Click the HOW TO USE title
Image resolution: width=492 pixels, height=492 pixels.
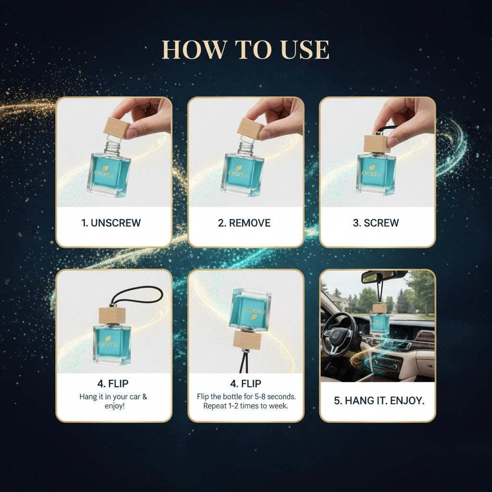[246, 50]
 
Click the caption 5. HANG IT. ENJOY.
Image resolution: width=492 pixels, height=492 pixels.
[379, 401]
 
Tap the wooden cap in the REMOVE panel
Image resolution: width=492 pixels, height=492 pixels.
[249, 129]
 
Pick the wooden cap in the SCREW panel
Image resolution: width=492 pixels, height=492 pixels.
[377, 143]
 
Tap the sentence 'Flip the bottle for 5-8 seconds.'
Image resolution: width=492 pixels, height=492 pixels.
[246, 397]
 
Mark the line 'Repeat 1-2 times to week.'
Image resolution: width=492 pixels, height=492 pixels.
[246, 406]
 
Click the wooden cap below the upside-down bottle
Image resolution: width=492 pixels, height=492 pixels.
[247, 341]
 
